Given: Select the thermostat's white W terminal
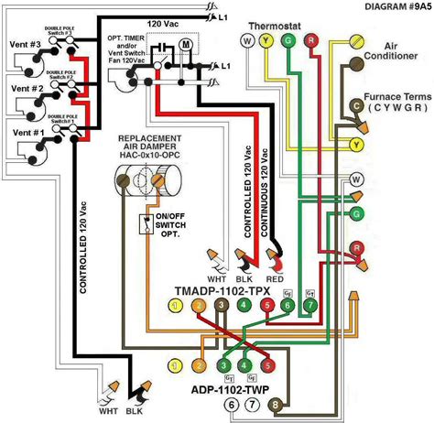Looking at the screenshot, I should [246, 41].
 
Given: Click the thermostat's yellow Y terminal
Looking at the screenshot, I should [266, 41].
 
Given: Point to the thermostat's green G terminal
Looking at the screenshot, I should [288, 41].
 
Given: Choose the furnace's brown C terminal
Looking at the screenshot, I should [356, 106].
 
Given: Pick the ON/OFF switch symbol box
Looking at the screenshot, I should [145, 223].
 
